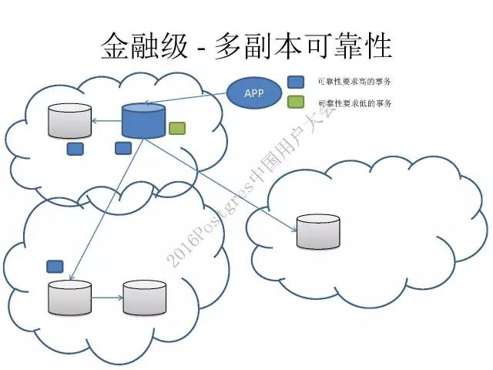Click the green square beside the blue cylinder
tap(177, 128)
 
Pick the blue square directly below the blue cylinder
tap(122, 147)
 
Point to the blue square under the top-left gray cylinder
tap(75, 148)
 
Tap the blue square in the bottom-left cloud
tap(55, 266)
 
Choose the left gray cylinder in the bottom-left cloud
tap(69, 298)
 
